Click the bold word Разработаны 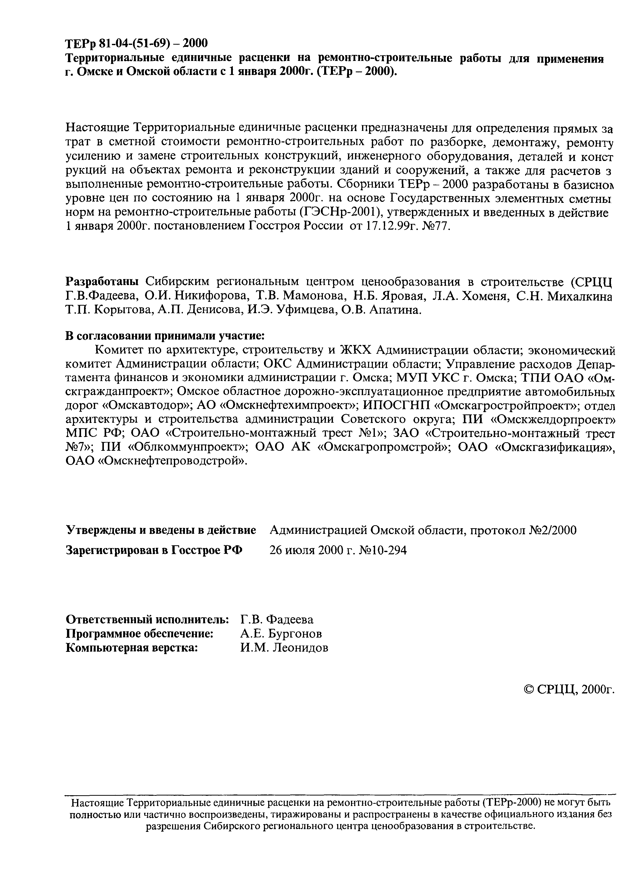(102, 281)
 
